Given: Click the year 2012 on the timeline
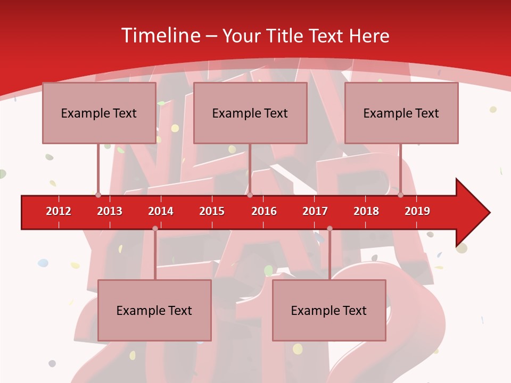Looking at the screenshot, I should pyautogui.click(x=59, y=211).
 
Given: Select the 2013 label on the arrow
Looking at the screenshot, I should pyautogui.click(x=110, y=211).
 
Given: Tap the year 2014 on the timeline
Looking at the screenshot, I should pyautogui.click(x=161, y=211).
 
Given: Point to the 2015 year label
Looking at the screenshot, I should pyautogui.click(x=212, y=211).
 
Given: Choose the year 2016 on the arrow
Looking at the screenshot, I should pyautogui.click(x=264, y=211).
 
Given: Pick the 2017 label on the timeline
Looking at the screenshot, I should pyautogui.click(x=315, y=211).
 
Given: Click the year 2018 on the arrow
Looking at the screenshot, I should pyautogui.click(x=366, y=211).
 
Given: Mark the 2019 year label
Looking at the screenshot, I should pyautogui.click(x=417, y=211).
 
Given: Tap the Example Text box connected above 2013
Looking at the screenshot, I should pyautogui.click(x=99, y=113).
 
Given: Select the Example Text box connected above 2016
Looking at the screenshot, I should pyautogui.click(x=250, y=113).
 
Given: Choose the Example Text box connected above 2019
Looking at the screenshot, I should pyautogui.click(x=401, y=113).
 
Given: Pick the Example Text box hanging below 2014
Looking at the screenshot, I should pyautogui.click(x=154, y=310).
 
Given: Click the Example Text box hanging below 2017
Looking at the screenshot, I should pyautogui.click(x=329, y=310).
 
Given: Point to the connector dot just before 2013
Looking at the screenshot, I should pyautogui.click(x=98, y=195).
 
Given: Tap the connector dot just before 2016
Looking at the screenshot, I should pyautogui.click(x=250, y=195).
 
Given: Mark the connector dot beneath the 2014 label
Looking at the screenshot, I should pyautogui.click(x=155, y=228).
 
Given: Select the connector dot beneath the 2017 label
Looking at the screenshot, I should pyautogui.click(x=329, y=228).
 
